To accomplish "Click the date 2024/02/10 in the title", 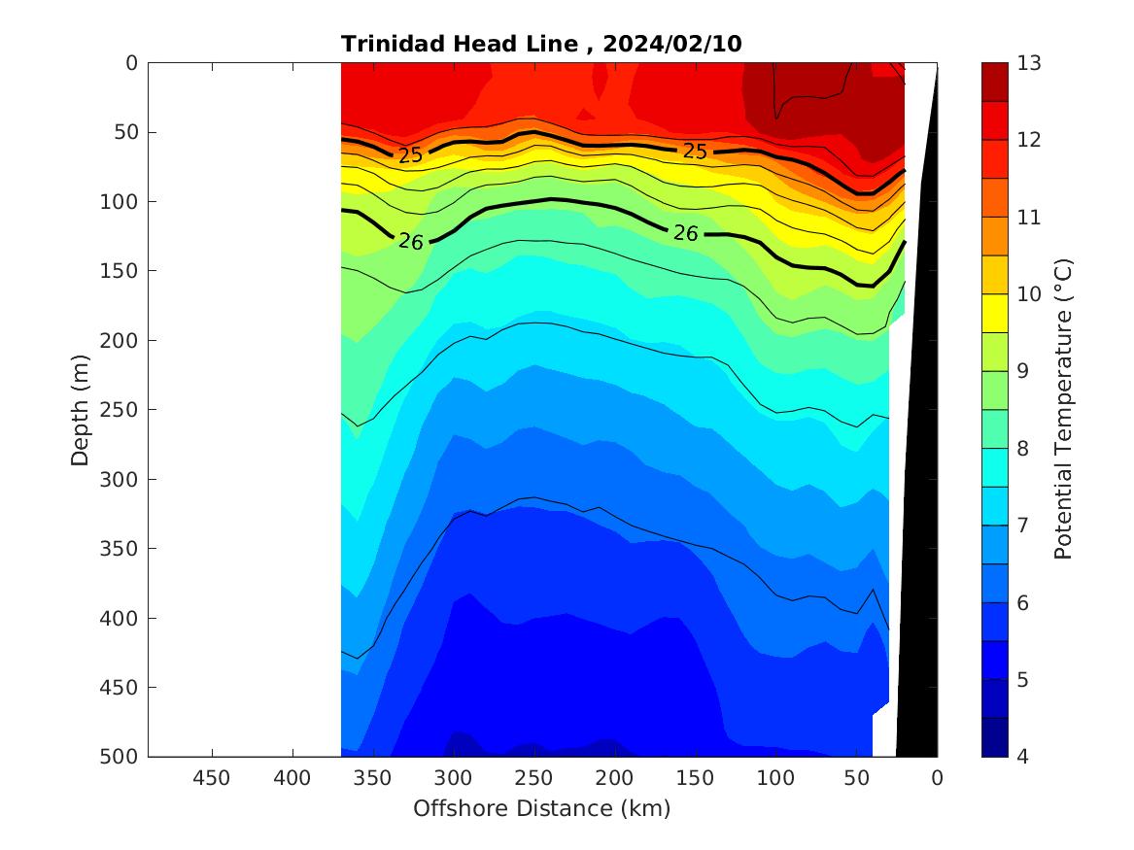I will point(673,44).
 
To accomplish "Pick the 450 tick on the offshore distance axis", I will point(212,778).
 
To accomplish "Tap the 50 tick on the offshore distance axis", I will point(856,778).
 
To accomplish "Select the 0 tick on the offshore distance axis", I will point(937,778).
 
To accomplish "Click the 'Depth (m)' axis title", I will point(81,410).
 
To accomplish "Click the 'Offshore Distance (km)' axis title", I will point(541,808).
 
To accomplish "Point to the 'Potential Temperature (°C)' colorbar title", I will point(1063,409).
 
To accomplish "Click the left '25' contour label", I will point(410,155).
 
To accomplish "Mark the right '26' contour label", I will point(686,233).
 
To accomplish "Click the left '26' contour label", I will point(411,242).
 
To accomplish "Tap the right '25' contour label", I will point(694,152).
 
